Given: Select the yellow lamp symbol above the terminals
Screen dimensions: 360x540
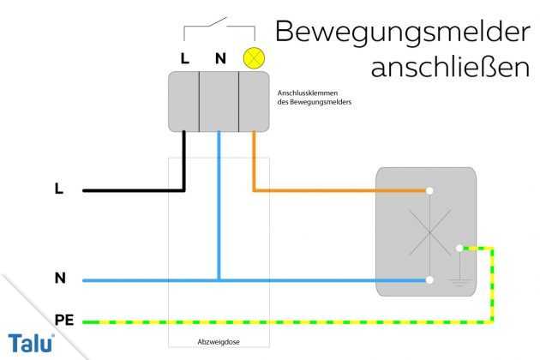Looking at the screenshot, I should (253, 57).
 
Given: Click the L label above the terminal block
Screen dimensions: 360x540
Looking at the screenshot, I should (185, 58).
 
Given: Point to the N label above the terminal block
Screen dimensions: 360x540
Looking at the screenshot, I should (219, 58).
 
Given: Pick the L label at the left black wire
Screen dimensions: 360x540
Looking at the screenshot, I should (58, 189).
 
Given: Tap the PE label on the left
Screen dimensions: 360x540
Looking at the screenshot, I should (63, 319).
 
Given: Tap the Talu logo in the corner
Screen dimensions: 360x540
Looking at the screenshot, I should (30, 341).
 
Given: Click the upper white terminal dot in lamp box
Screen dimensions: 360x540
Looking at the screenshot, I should (429, 190).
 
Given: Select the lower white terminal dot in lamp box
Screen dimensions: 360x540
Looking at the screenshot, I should (429, 279).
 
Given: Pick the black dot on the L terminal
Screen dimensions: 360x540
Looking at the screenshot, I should (184, 131).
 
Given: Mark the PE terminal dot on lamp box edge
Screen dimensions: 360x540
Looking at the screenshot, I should (460, 248).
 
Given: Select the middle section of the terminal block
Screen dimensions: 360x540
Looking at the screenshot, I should (219, 101).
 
